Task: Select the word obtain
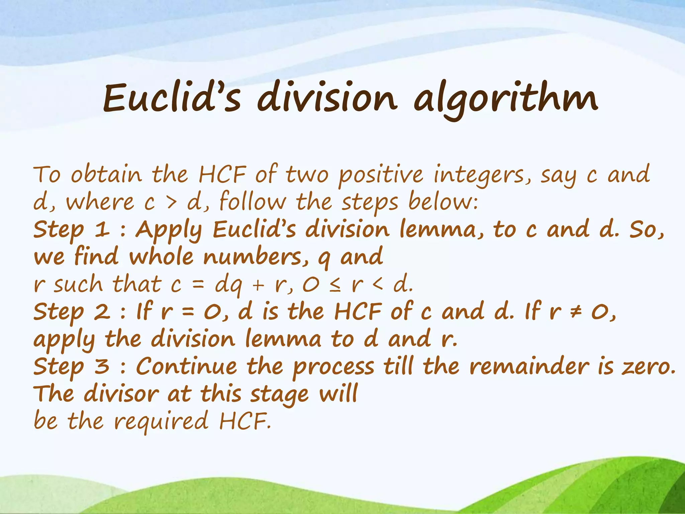106,175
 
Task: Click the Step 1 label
71,230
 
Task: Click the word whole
161,257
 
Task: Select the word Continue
186,366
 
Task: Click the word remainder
529,366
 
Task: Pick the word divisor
121,394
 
